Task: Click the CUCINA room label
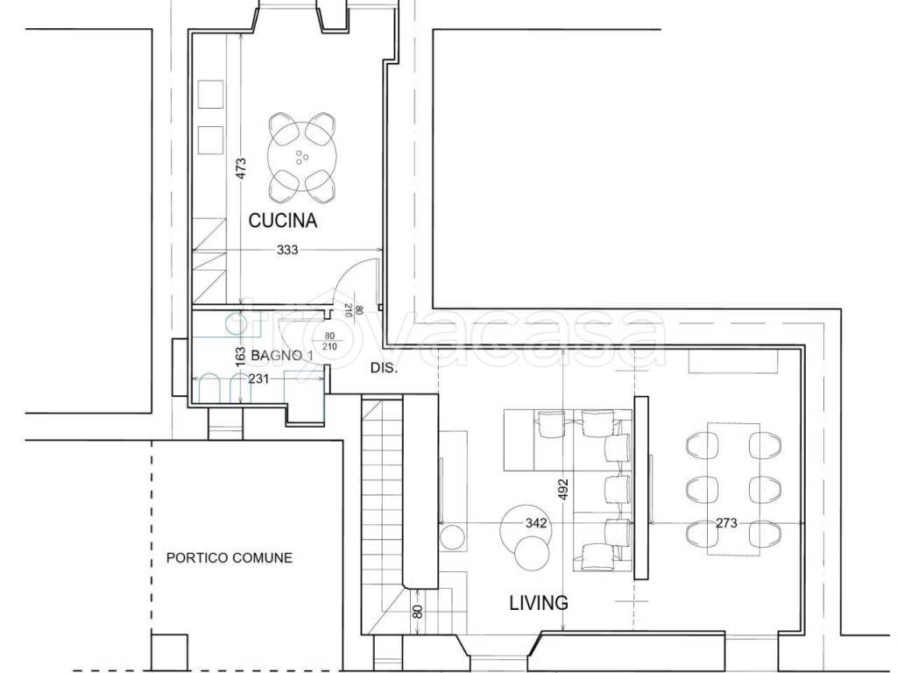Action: point(283,220)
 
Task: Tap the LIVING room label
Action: point(539,603)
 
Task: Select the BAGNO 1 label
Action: point(282,356)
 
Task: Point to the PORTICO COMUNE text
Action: point(230,557)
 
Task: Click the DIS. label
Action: point(384,368)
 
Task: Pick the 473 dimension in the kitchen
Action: point(241,169)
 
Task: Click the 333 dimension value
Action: point(287,250)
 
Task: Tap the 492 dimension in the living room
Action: point(563,490)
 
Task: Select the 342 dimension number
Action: point(536,523)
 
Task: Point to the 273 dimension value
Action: point(726,523)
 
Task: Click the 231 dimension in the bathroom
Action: point(258,379)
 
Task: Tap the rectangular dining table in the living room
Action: point(734,489)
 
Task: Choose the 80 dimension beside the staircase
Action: point(418,611)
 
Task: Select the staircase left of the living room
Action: point(383,517)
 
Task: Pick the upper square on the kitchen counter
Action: point(210,95)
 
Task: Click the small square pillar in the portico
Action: point(170,652)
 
